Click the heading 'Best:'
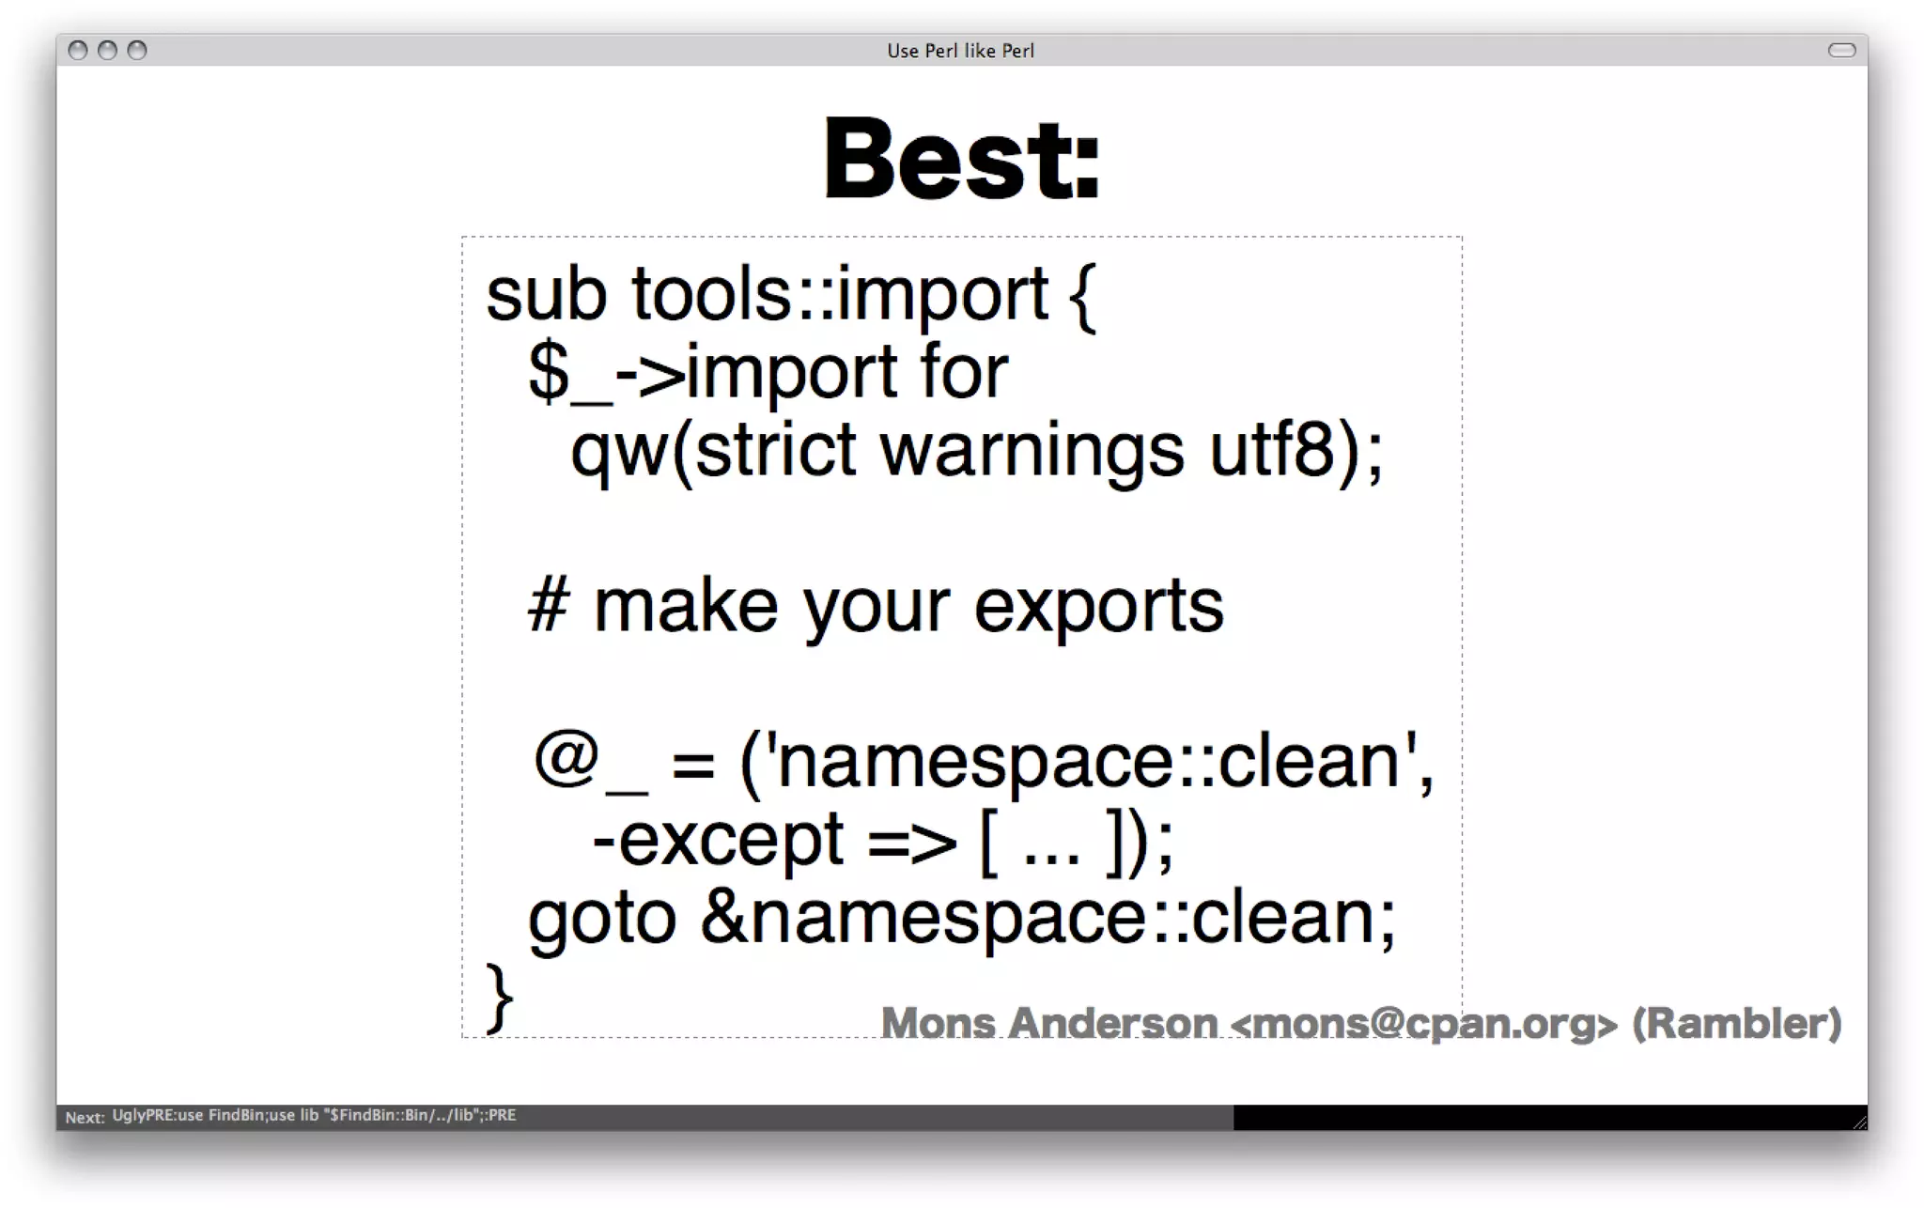(x=961, y=159)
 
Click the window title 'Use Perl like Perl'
(x=960, y=51)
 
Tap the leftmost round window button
(x=78, y=51)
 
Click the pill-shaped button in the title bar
(x=1841, y=51)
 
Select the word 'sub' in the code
(x=546, y=295)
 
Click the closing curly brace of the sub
(x=499, y=998)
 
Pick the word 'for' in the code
(x=964, y=373)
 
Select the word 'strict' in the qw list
(x=775, y=451)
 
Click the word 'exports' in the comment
(x=1098, y=607)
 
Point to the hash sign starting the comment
(x=549, y=607)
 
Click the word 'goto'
(x=602, y=919)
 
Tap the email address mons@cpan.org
(x=1423, y=1023)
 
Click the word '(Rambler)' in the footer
(x=1736, y=1023)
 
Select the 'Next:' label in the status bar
(x=85, y=1117)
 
